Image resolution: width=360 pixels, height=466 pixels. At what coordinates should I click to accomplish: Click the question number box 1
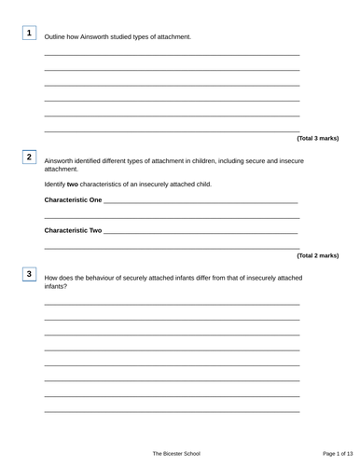pyautogui.click(x=29, y=34)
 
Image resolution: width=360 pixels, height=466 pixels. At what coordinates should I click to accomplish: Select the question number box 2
pyautogui.click(x=29, y=158)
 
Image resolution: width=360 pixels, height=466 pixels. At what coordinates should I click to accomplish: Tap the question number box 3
pyautogui.click(x=29, y=274)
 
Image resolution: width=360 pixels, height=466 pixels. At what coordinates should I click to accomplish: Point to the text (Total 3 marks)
pyautogui.click(x=317, y=138)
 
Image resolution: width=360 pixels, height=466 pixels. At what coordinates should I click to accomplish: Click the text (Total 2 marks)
pyautogui.click(x=317, y=254)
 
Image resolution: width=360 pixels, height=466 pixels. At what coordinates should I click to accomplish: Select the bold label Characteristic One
pyautogui.click(x=74, y=200)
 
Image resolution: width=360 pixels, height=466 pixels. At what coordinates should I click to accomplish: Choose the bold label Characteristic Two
pyautogui.click(x=74, y=229)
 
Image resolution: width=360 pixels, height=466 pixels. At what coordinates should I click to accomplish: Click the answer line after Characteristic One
pyautogui.click(x=201, y=202)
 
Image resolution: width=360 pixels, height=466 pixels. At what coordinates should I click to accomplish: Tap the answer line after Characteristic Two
pyautogui.click(x=201, y=231)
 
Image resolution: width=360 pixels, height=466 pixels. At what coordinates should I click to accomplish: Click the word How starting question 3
pyautogui.click(x=51, y=278)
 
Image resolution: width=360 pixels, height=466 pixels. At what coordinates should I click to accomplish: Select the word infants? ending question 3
pyautogui.click(x=56, y=286)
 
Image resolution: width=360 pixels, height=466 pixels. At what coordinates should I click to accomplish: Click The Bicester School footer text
pyautogui.click(x=177, y=452)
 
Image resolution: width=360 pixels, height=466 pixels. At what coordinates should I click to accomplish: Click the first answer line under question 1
pyautogui.click(x=173, y=55)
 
